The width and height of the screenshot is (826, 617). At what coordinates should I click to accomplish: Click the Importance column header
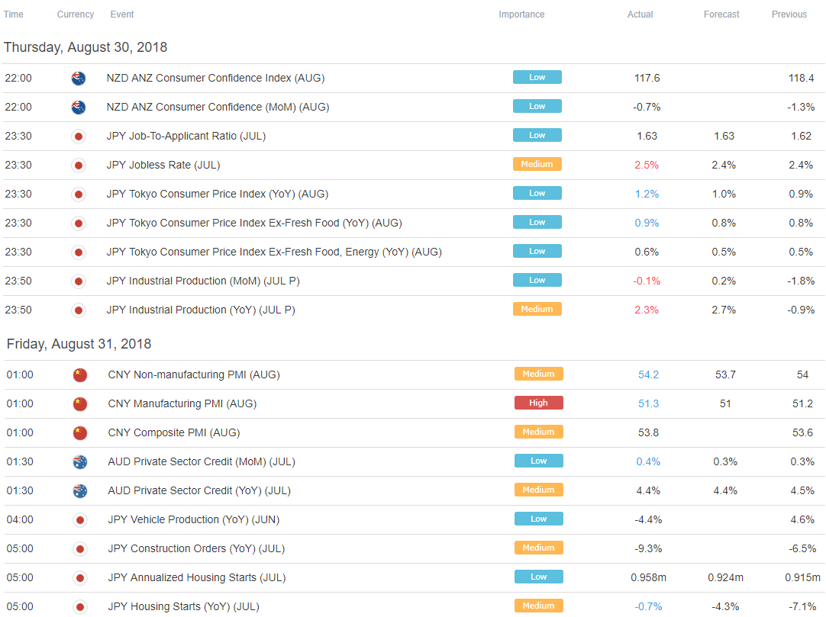521,14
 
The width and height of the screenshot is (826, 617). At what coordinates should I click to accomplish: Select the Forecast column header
721,14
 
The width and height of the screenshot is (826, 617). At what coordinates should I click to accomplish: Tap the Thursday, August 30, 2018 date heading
86,47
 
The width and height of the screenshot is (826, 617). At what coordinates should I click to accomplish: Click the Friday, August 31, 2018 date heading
79,344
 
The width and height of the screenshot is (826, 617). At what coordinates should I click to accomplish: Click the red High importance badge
538,403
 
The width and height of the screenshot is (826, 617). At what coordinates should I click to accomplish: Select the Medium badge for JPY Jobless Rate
537,164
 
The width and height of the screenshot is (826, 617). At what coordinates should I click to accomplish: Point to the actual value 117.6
647,78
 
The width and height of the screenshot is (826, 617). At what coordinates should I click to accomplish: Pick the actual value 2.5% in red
647,165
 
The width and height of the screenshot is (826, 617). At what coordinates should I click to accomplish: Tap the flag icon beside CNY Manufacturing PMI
79,403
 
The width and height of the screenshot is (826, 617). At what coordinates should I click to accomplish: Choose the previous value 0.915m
802,577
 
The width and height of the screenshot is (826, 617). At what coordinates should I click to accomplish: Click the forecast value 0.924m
725,577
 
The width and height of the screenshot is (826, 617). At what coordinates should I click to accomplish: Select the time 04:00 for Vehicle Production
20,519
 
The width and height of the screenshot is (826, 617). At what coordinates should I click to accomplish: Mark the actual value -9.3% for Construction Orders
649,548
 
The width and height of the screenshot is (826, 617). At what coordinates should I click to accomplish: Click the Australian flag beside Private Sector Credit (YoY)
79,490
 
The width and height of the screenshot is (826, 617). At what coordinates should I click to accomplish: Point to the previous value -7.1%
802,606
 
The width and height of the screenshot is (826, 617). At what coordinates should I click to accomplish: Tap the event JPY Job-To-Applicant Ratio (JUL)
186,136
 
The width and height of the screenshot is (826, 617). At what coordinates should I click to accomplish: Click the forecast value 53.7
725,374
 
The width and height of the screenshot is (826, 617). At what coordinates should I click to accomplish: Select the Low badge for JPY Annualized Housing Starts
538,577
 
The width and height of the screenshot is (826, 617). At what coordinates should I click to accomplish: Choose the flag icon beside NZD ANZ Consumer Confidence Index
78,78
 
